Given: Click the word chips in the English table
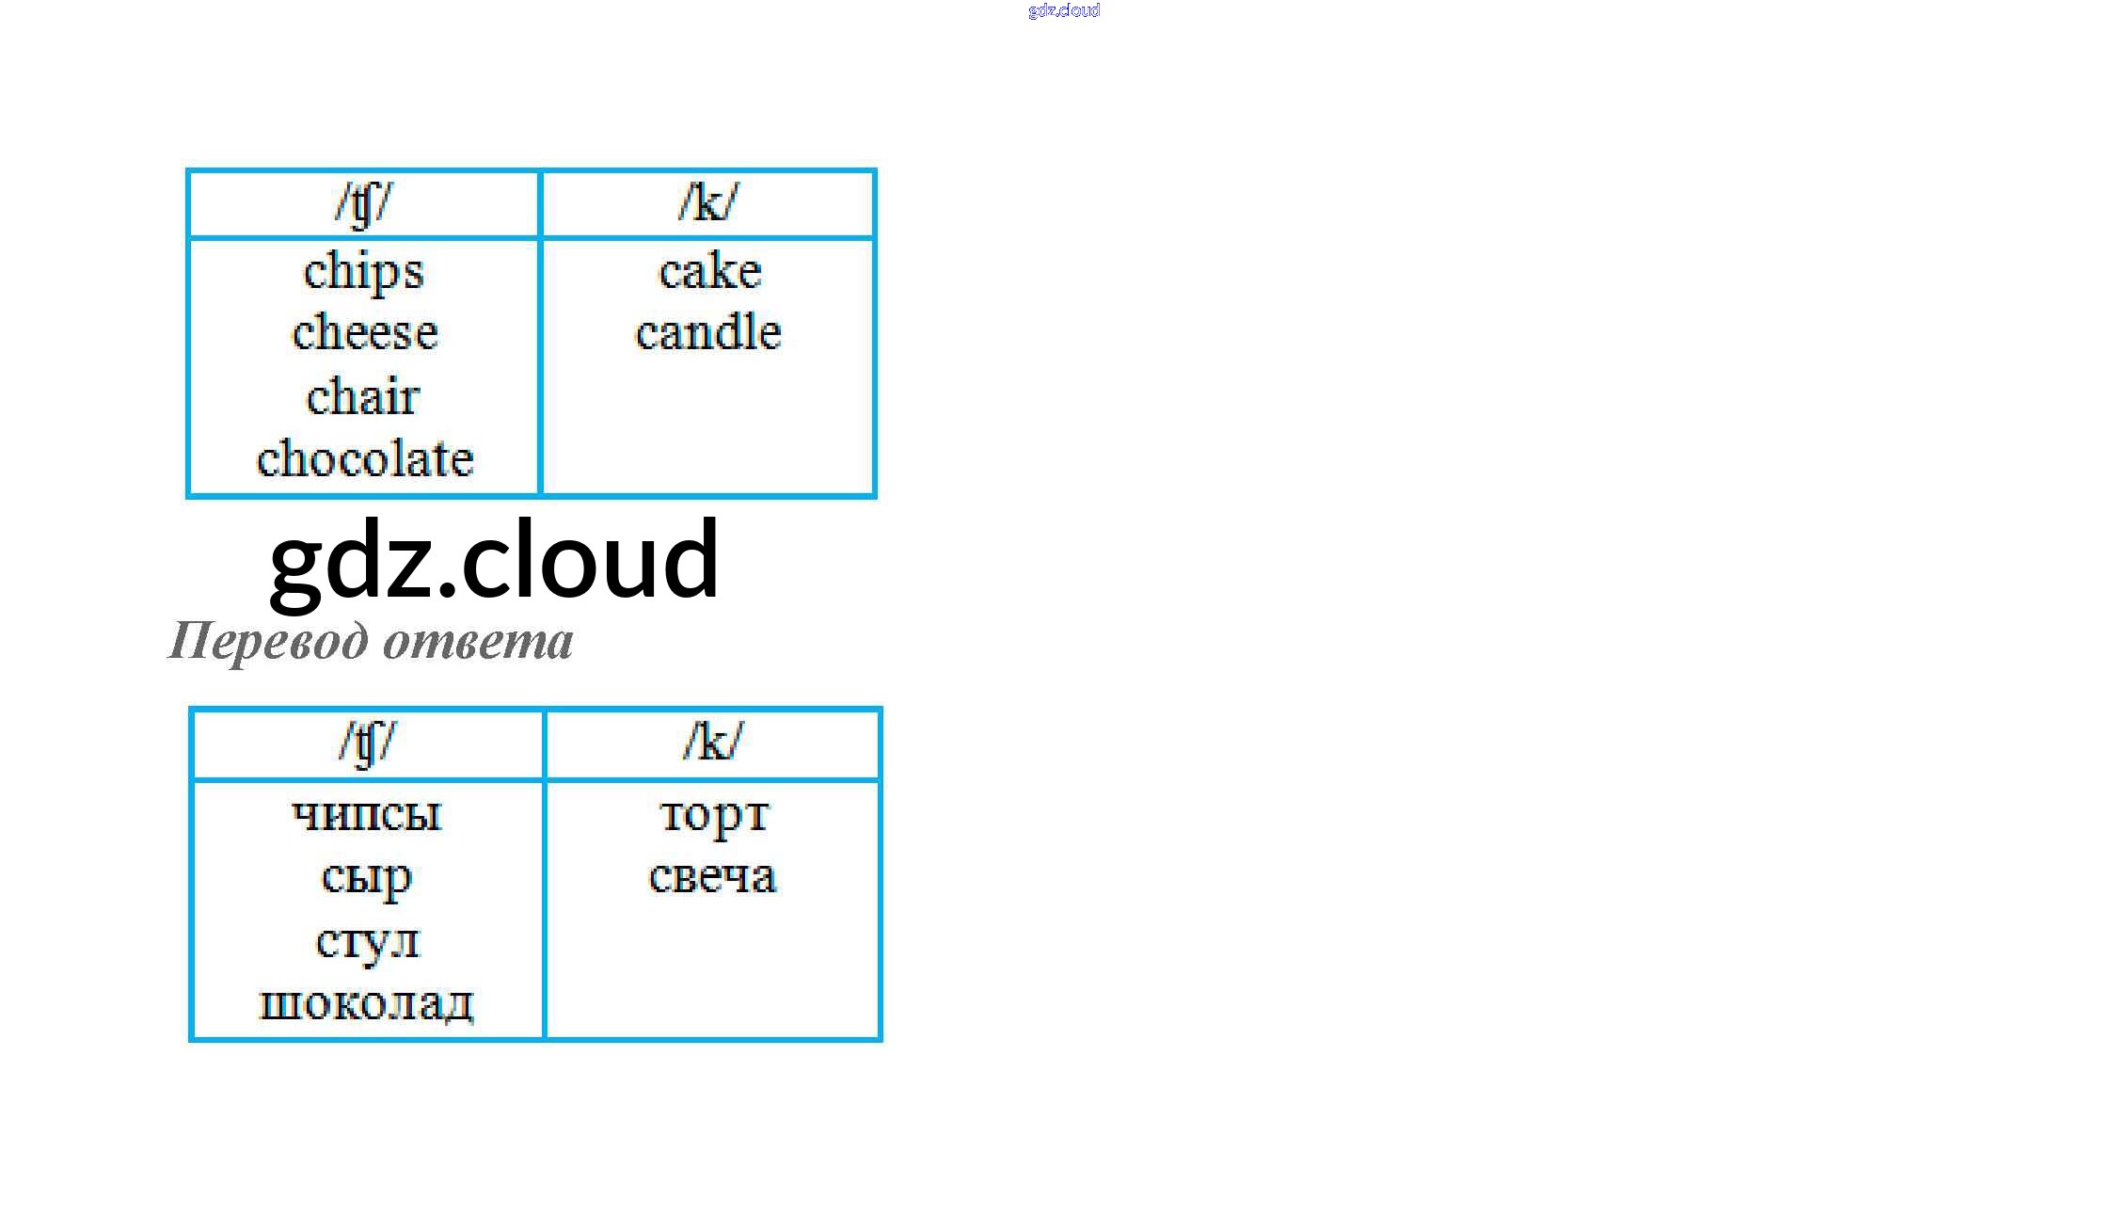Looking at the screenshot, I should (364, 272).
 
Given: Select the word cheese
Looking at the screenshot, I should (365, 332).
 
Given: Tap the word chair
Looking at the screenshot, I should (363, 396).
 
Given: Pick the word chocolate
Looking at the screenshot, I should (365, 459).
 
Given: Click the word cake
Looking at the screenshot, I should (709, 272).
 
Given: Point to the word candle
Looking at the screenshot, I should (708, 332).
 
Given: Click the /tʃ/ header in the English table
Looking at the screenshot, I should (363, 203).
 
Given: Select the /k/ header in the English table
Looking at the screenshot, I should (708, 202).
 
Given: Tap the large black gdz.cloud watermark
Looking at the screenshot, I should (495, 560).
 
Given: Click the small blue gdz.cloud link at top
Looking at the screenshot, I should (1064, 10).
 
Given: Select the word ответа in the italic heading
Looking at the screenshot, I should (478, 642).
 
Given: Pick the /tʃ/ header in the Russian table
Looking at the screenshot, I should (368, 743).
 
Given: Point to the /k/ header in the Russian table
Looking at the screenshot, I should (712, 743).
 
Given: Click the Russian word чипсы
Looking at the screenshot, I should (367, 814).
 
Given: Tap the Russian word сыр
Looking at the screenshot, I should (367, 877).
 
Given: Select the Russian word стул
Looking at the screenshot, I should (367, 940).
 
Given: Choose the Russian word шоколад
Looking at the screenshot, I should (367, 1003).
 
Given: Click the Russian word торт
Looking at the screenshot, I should (714, 815).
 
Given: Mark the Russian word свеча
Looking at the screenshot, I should (712, 877).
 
